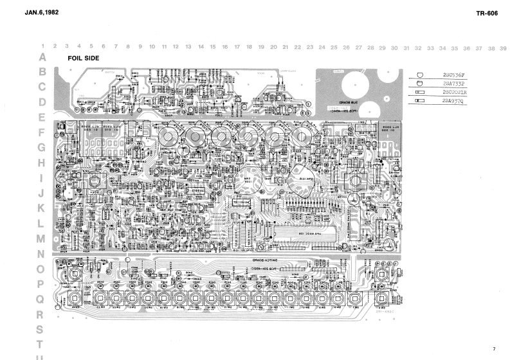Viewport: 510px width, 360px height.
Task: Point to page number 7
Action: coord(494,348)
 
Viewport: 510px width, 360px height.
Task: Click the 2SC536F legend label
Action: coord(454,75)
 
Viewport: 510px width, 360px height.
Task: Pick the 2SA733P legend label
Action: coord(454,84)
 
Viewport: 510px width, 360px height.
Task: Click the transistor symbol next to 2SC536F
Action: coord(421,75)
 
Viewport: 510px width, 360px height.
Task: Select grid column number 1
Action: coord(42,47)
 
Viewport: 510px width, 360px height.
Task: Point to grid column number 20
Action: coord(273,47)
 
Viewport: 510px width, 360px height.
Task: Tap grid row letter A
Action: coord(42,57)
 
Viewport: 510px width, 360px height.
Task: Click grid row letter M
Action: coord(42,239)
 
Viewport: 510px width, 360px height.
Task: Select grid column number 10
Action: coord(152,47)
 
